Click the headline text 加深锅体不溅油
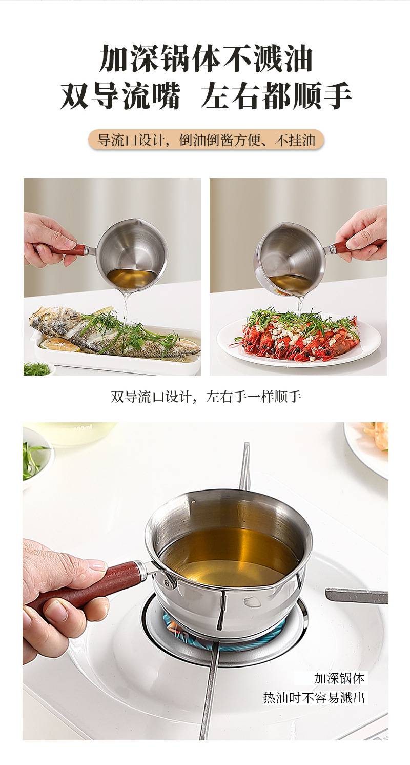pyautogui.click(x=206, y=58)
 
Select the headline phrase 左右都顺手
pyautogui.click(x=277, y=95)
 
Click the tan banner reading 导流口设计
pyautogui.click(x=206, y=141)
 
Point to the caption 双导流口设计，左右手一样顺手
pyautogui.click(x=206, y=397)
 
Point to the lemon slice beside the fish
pyautogui.click(x=65, y=345)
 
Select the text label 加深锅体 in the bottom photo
pyautogui.click(x=339, y=678)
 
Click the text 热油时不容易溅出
pyautogui.click(x=314, y=697)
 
